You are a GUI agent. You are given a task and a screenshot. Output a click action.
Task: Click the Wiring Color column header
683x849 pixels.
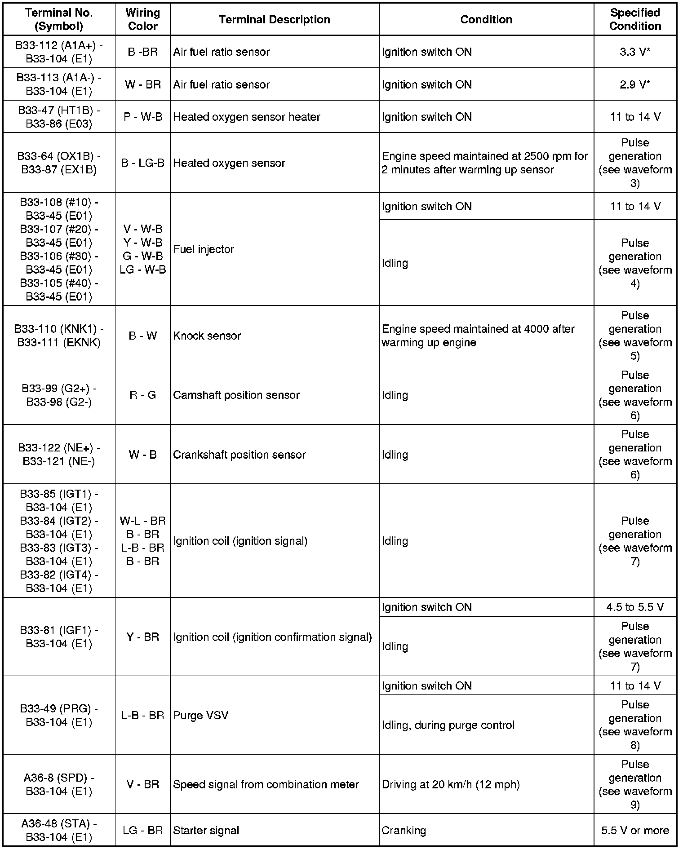(142, 19)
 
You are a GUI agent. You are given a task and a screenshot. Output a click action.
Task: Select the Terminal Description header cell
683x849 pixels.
(275, 19)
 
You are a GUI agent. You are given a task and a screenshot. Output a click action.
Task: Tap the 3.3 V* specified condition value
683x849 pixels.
(634, 52)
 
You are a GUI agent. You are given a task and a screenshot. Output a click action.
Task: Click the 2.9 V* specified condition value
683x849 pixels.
(634, 84)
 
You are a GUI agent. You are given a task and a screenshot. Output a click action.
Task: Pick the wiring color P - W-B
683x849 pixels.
(142, 117)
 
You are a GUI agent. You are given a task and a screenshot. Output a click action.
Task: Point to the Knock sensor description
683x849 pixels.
(207, 336)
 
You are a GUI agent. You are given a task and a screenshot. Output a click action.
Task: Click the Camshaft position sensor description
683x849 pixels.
(236, 395)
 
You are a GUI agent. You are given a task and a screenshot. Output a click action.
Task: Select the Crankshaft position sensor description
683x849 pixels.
(239, 455)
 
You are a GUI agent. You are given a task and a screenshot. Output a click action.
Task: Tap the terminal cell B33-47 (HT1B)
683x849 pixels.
(59, 117)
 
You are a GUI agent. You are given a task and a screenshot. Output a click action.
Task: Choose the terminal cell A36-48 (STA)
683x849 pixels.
(59, 830)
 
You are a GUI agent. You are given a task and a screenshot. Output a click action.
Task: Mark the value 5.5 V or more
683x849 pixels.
(635, 831)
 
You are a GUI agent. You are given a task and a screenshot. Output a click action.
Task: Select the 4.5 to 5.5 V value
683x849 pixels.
(634, 607)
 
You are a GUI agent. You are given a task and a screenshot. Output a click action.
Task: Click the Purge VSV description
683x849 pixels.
(201, 715)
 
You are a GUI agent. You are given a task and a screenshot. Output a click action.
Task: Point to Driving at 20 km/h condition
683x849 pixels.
(451, 784)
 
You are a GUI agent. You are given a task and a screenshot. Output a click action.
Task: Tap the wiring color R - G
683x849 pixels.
(142, 395)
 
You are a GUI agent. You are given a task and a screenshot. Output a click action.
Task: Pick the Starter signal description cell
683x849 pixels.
(206, 831)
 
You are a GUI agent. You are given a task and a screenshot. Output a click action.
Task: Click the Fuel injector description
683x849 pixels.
(204, 249)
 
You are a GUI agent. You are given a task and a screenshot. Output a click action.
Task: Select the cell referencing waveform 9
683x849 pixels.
(635, 784)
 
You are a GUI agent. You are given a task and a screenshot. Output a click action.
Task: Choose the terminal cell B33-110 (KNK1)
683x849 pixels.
(59, 336)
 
